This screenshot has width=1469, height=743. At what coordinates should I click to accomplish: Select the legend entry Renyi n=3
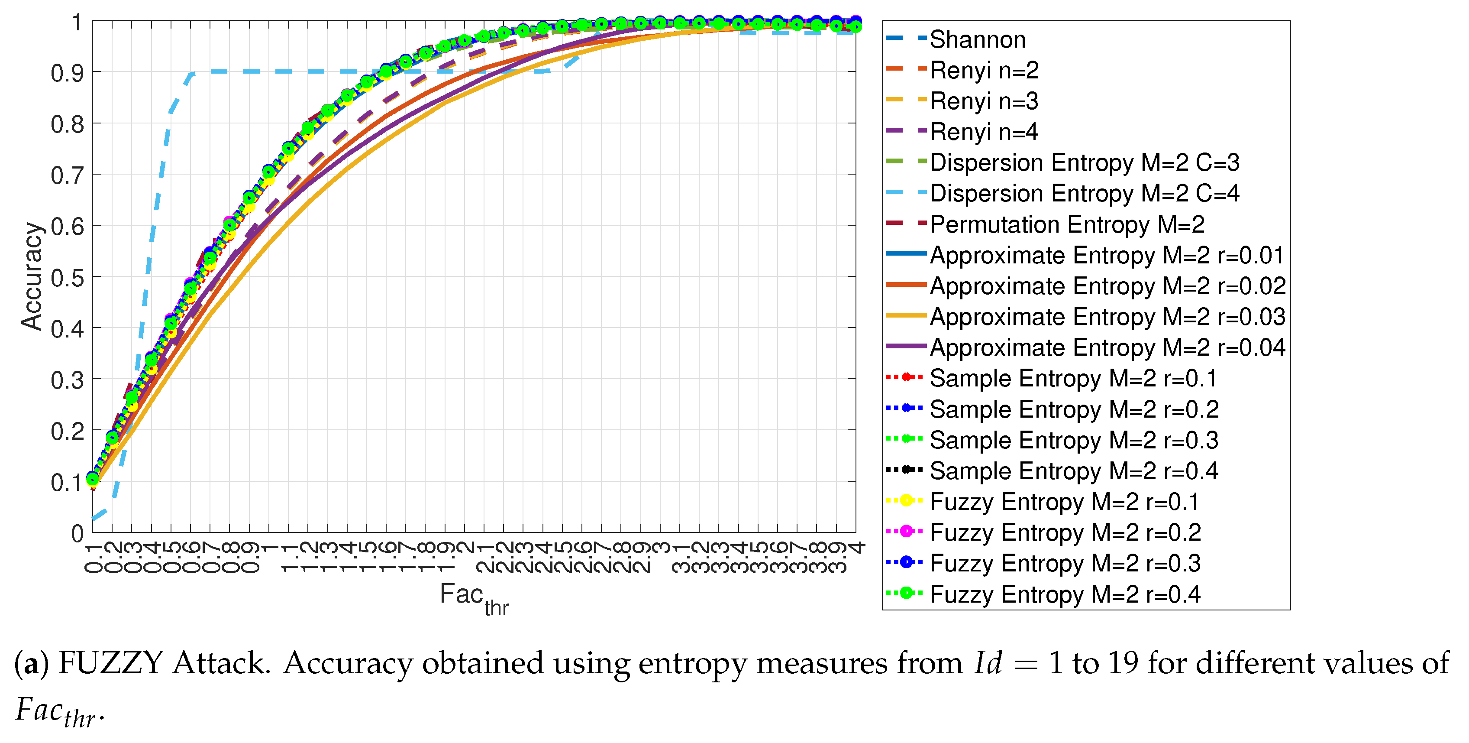[984, 101]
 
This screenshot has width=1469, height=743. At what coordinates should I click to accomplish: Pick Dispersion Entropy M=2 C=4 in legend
[1084, 194]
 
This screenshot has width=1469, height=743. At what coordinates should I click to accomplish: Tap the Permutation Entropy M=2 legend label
[1066, 224]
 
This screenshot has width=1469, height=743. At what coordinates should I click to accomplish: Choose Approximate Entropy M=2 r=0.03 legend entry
[1107, 317]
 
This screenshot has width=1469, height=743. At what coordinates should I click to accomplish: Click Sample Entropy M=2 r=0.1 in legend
[1073, 378]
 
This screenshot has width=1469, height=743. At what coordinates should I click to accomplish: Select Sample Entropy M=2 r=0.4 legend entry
[1074, 471]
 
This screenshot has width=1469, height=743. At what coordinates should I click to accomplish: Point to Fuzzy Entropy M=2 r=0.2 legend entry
[1065, 532]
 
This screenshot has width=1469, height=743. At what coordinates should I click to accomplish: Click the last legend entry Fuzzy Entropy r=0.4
[1065, 594]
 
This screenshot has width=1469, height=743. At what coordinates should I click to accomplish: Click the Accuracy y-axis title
[32, 276]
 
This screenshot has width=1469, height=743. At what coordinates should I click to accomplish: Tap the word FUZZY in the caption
[111, 664]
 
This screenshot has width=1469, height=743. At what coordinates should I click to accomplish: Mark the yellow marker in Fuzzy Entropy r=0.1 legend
[906, 500]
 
